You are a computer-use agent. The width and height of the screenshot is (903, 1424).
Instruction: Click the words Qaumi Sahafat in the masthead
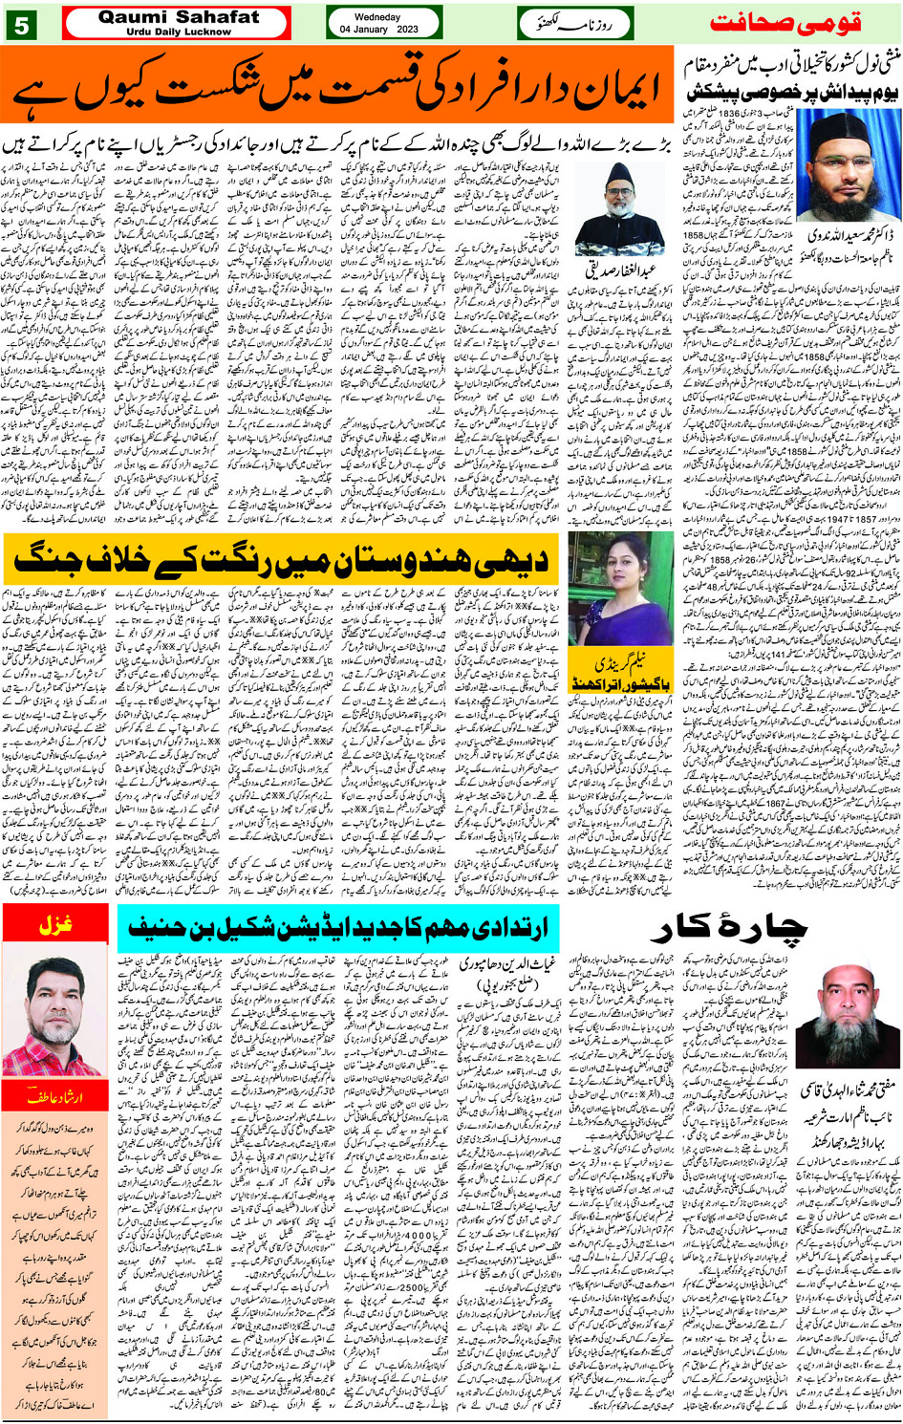click(x=178, y=16)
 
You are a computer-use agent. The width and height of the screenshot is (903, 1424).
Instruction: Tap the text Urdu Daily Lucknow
click(x=178, y=32)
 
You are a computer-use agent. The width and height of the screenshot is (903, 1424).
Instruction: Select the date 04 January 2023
click(x=378, y=30)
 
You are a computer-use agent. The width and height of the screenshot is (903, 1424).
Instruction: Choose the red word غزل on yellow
click(x=56, y=925)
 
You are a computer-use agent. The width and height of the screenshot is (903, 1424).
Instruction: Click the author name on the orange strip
click(x=54, y=1094)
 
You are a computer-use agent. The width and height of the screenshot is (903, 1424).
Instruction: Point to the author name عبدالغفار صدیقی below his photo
click(x=622, y=269)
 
